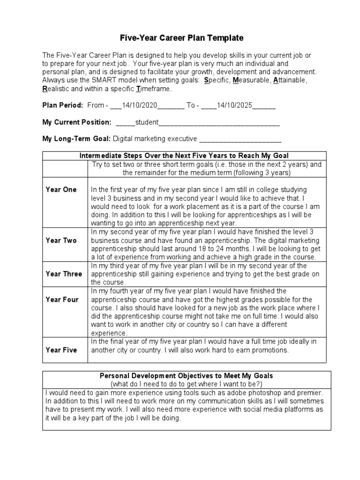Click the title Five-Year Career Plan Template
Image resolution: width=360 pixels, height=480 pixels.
pyautogui.click(x=180, y=38)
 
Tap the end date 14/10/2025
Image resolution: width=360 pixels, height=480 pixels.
pyautogui.click(x=235, y=105)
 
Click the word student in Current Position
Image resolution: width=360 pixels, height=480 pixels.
pyautogui.click(x=147, y=123)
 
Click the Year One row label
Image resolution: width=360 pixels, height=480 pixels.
pyautogui.click(x=61, y=189)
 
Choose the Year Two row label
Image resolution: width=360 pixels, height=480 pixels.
pyautogui.click(x=61, y=240)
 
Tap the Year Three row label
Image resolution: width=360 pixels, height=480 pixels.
pyautogui.click(x=64, y=274)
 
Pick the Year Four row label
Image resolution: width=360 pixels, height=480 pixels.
pyautogui.click(x=62, y=300)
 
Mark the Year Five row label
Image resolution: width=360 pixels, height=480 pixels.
pyautogui.click(x=61, y=350)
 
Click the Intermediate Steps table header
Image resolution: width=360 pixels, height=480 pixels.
pyautogui.click(x=184, y=156)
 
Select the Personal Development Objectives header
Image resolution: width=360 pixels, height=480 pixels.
pyautogui.click(x=186, y=376)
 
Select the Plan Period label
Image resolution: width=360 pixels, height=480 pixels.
pyautogui.click(x=63, y=105)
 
